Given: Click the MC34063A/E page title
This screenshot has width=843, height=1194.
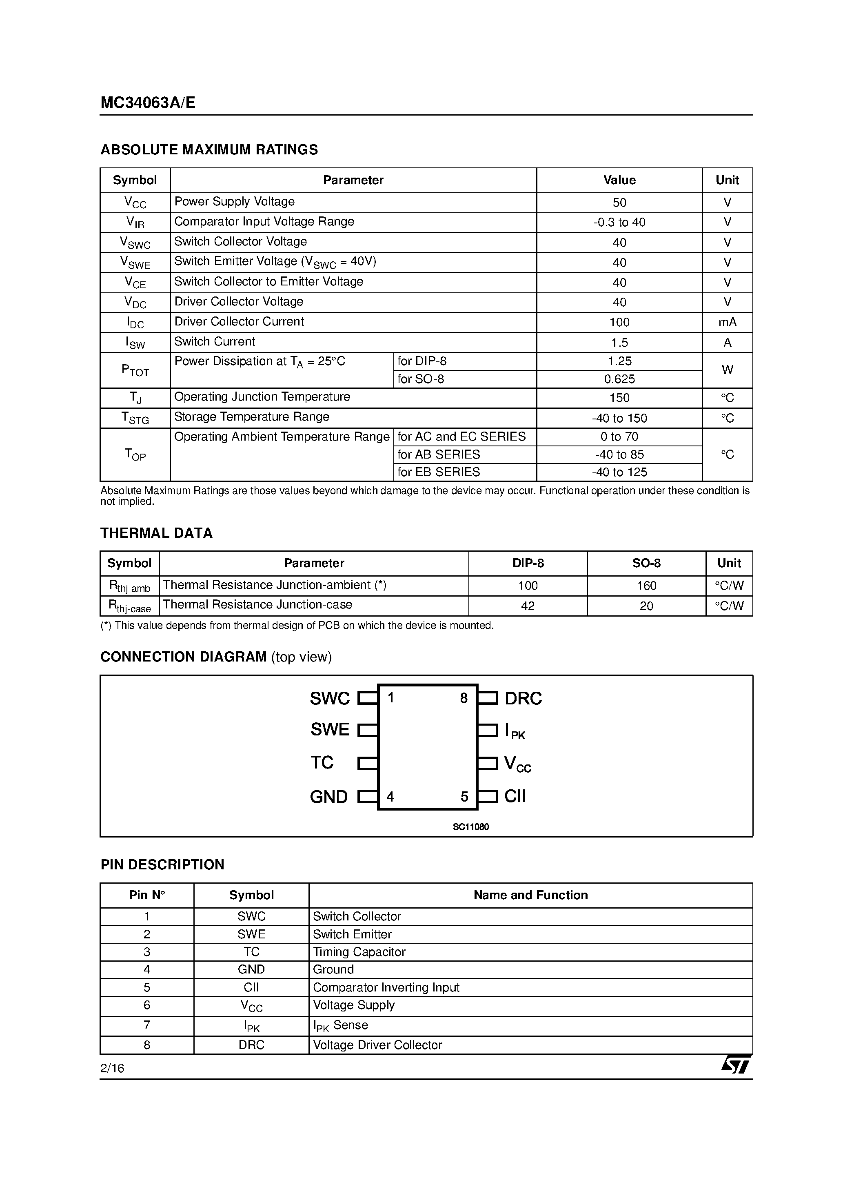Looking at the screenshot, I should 148,102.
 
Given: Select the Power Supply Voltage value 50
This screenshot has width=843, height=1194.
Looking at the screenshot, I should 619,202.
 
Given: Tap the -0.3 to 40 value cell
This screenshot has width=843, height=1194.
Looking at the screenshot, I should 619,223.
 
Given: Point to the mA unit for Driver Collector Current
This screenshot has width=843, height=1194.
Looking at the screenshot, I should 727,323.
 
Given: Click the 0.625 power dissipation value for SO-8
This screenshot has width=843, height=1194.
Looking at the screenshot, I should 619,379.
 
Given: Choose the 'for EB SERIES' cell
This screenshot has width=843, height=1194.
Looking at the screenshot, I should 439,472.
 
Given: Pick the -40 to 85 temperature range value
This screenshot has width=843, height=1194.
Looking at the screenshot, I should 619,454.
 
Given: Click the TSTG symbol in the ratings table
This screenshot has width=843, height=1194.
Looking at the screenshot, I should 135,418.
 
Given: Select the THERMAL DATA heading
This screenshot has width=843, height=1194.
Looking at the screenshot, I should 156,533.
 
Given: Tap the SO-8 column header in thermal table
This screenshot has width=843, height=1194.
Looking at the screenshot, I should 646,563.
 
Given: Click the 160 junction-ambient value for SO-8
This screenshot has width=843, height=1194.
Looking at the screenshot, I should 646,586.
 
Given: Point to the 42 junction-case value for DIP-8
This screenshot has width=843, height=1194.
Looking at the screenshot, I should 528,606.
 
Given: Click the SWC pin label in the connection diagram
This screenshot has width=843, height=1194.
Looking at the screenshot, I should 330,698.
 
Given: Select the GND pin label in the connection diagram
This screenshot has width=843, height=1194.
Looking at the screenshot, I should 328,797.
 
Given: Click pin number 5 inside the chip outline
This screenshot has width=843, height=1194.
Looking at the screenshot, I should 464,797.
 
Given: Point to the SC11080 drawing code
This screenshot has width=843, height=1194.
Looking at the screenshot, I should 470,827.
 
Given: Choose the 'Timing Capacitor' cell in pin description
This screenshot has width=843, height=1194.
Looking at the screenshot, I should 359,952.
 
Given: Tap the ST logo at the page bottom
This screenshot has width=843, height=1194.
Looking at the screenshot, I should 735,1065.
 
